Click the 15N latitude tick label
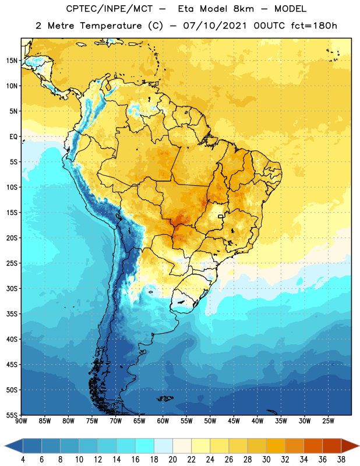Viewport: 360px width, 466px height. pos(12,61)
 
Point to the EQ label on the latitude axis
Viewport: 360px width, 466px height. pos(13,137)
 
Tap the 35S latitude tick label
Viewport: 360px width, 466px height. pos(12,314)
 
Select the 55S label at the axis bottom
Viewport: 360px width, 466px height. pos(12,414)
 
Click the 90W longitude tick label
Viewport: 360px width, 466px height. pos(21,421)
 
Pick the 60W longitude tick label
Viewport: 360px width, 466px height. pos(163,421)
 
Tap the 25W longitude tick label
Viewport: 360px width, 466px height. pos(328,421)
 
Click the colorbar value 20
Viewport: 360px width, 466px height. pos(172,460)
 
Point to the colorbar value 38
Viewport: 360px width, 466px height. pos(341,460)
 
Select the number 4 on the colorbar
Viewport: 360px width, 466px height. pos(23,460)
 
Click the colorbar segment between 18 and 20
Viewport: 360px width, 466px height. pos(164,446)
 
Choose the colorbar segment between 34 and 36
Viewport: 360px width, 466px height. pos(313,446)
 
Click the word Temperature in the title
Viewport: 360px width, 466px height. pos(111,26)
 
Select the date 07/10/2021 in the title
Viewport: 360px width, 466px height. pos(215,26)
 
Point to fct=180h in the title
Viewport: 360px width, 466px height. pos(314,26)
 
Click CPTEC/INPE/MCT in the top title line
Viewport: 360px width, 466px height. pos(109,9)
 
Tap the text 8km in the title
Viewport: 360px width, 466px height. pos(243,9)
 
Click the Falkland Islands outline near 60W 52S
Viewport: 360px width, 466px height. pos(165,398)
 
